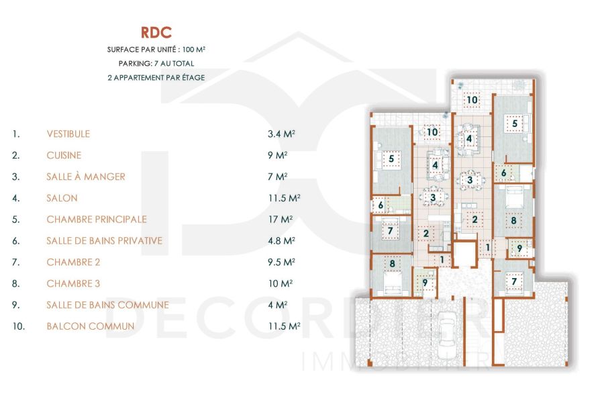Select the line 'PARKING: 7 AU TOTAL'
(156, 64)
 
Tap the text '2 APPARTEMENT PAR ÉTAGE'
(156, 77)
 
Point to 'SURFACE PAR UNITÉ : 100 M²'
(156, 50)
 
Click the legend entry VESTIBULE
(68, 134)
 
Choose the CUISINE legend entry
(64, 155)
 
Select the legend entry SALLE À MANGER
(86, 177)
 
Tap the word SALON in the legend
(62, 198)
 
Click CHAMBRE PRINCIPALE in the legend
(97, 220)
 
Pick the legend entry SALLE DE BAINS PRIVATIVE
(104, 240)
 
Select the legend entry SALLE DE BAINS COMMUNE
(107, 305)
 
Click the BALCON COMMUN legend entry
(91, 326)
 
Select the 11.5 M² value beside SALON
(284, 198)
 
